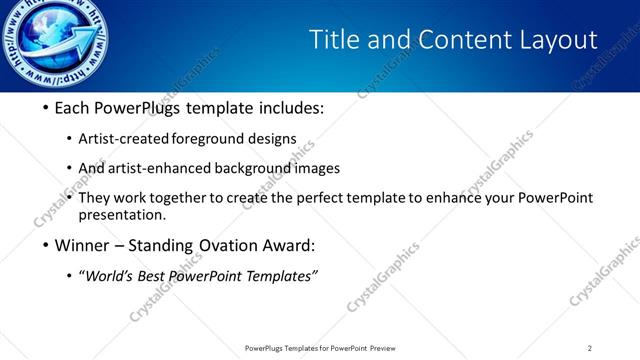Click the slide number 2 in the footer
[589, 348]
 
